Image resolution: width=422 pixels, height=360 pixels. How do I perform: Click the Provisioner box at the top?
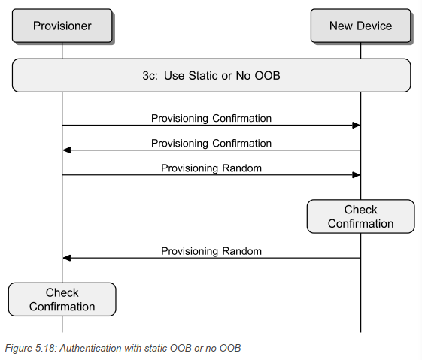(62, 26)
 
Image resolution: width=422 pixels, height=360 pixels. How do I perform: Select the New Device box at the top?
(360, 26)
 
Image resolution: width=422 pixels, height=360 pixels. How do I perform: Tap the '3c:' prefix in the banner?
(153, 75)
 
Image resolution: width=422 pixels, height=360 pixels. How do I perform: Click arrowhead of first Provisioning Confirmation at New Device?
(357, 126)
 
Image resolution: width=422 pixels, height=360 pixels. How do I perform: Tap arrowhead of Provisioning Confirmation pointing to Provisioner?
(67, 150)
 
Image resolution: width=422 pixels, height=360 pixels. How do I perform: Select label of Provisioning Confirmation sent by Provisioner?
(211, 118)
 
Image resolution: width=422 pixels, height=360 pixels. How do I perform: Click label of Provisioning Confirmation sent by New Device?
(211, 143)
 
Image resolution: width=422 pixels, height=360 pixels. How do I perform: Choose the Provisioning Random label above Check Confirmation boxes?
(211, 168)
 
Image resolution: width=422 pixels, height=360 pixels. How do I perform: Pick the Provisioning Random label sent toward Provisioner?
(211, 250)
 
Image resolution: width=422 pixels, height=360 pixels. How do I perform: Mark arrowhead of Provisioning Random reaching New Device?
(357, 175)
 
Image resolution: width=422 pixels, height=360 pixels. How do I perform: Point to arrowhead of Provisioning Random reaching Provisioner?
(67, 258)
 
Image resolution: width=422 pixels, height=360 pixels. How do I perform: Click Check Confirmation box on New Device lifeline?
(360, 216)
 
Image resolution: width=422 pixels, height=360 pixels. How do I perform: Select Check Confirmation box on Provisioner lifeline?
(62, 299)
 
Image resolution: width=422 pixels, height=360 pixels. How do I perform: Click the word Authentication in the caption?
(92, 348)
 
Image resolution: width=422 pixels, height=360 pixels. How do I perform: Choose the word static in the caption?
(150, 348)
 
